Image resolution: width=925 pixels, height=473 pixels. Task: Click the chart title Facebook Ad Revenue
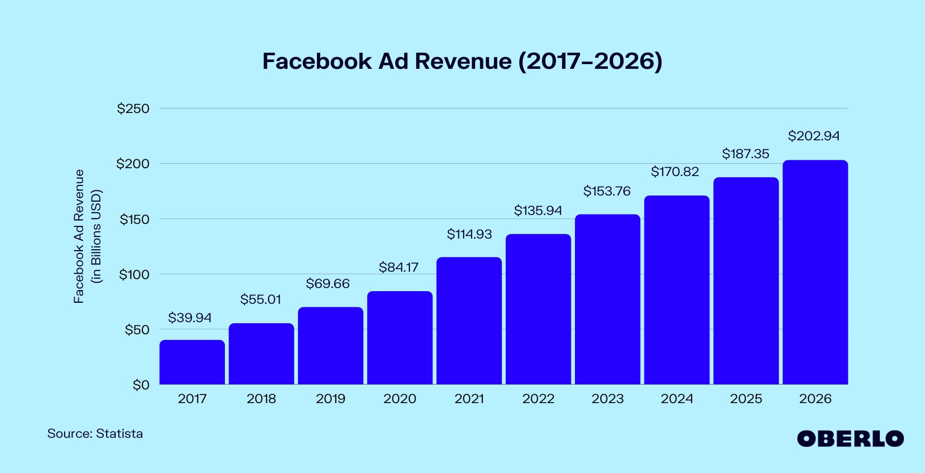coord(462,61)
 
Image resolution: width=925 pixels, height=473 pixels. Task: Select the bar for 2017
coord(192,362)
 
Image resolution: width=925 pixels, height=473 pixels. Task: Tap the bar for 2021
coord(469,321)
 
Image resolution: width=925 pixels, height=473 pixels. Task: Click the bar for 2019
coord(331,346)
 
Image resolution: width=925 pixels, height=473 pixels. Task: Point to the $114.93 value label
coord(469,234)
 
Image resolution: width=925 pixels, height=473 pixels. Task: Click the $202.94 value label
coord(814,136)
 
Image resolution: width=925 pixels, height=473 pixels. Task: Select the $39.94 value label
coord(190,317)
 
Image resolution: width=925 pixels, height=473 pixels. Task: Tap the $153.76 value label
coord(607,191)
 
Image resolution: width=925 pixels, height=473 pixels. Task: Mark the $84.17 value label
coord(399,267)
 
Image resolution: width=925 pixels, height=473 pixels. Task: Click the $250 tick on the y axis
coord(133,109)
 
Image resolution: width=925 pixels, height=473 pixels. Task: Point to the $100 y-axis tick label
coord(134,274)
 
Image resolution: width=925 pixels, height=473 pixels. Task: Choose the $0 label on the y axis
coord(141,385)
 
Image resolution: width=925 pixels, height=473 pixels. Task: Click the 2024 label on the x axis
coord(677,399)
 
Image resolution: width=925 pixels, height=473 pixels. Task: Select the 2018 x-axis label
coord(261,399)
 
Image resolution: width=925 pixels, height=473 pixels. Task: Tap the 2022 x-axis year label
coord(538,399)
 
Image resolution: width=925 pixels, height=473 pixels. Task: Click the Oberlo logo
coord(850,439)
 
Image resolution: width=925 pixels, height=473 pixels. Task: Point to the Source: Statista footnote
coord(95,434)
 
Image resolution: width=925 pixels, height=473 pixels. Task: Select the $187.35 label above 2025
coord(745,154)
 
